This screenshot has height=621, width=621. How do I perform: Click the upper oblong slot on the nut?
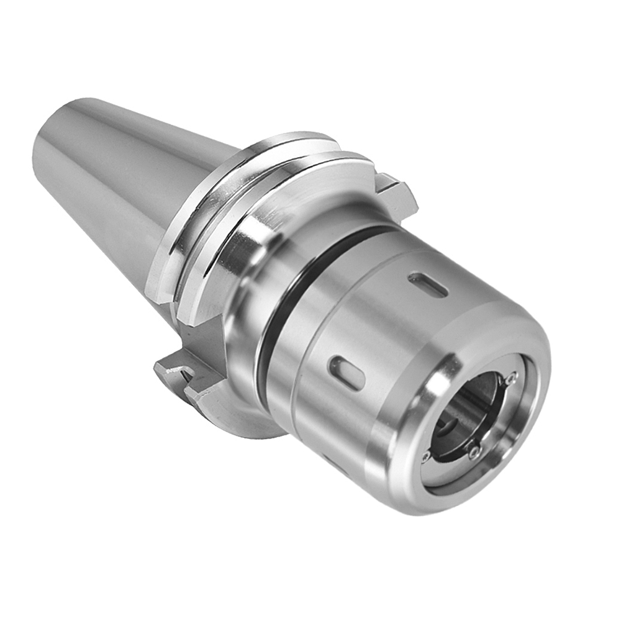[428, 285]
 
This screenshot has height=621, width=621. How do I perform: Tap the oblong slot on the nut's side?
[347, 373]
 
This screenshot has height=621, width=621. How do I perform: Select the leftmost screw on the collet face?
[425, 458]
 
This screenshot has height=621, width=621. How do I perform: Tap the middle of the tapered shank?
[124, 186]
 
